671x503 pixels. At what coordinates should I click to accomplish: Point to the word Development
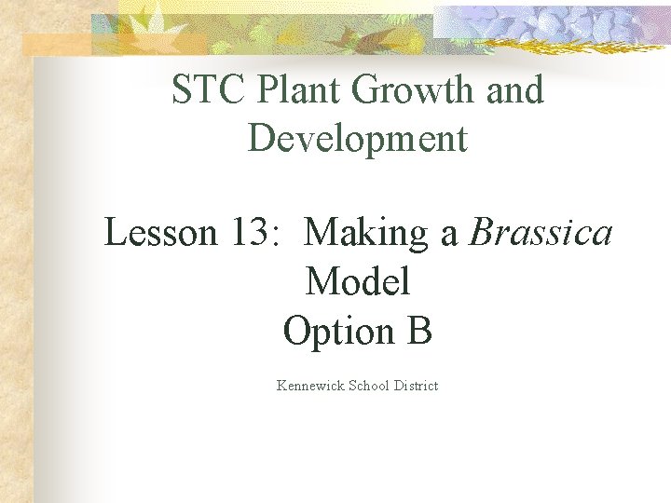(358, 138)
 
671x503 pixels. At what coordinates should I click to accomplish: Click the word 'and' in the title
(514, 90)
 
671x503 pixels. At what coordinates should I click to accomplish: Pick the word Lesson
(159, 232)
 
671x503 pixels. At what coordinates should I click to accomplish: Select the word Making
(368, 232)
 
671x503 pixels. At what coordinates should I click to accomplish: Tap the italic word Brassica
(541, 232)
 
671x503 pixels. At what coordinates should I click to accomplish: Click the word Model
(358, 280)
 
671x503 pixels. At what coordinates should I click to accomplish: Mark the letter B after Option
(419, 331)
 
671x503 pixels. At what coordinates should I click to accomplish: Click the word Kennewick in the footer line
(310, 386)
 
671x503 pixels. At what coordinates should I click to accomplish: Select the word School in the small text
(369, 386)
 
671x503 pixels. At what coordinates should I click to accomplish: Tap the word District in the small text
(416, 386)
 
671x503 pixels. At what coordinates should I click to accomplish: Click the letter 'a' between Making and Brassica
(449, 234)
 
